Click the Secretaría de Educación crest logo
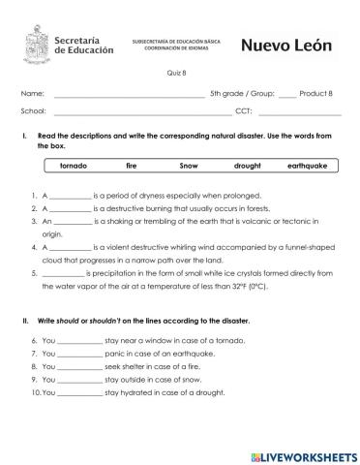click(x=36, y=44)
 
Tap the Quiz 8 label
click(x=179, y=72)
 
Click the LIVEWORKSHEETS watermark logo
click(x=303, y=454)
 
